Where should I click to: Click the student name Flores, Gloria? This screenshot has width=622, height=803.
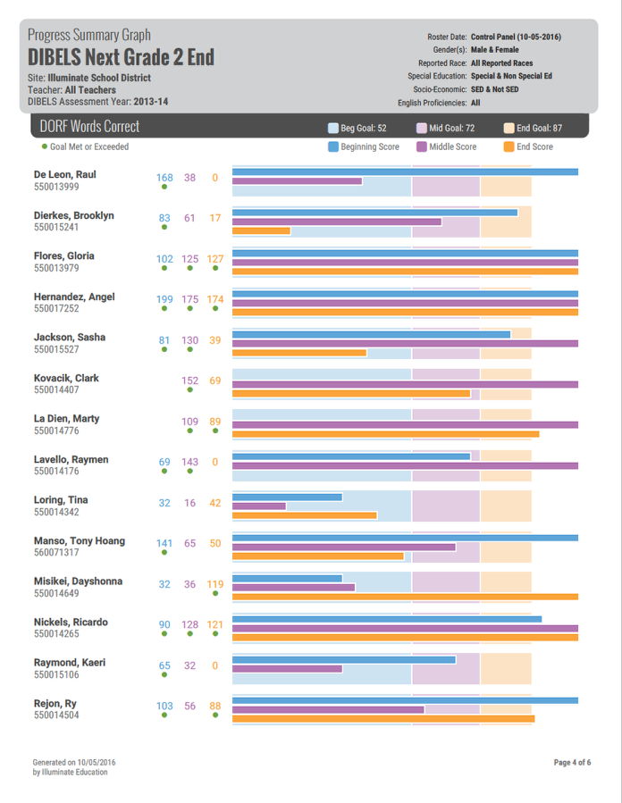pyautogui.click(x=63, y=256)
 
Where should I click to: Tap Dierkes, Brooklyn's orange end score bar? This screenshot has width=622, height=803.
pyautogui.click(x=261, y=231)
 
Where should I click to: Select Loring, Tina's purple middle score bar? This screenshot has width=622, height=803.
pyautogui.click(x=259, y=506)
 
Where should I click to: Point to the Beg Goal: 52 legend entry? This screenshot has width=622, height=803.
pyautogui.click(x=357, y=129)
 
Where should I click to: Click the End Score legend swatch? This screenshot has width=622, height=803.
pyautogui.click(x=509, y=146)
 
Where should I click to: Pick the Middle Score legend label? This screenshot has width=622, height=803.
pyautogui.click(x=452, y=146)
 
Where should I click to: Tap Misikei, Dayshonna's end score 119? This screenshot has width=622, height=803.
pyautogui.click(x=215, y=584)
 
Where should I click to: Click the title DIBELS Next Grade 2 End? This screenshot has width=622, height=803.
pyautogui.click(x=121, y=58)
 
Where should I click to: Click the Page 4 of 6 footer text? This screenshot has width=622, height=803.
pyautogui.click(x=572, y=762)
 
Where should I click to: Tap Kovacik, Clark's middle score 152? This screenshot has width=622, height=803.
pyautogui.click(x=189, y=381)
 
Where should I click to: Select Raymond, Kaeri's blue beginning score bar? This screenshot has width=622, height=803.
pyautogui.click(x=343, y=660)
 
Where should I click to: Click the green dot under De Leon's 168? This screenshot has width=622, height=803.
pyautogui.click(x=164, y=188)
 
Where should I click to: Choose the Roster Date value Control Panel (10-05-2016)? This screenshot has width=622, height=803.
pyautogui.click(x=516, y=38)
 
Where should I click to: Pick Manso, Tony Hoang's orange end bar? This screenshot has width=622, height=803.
pyautogui.click(x=317, y=556)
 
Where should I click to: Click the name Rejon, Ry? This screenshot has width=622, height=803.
pyautogui.click(x=55, y=704)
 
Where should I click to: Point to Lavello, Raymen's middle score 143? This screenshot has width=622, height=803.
pyautogui.click(x=189, y=462)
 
